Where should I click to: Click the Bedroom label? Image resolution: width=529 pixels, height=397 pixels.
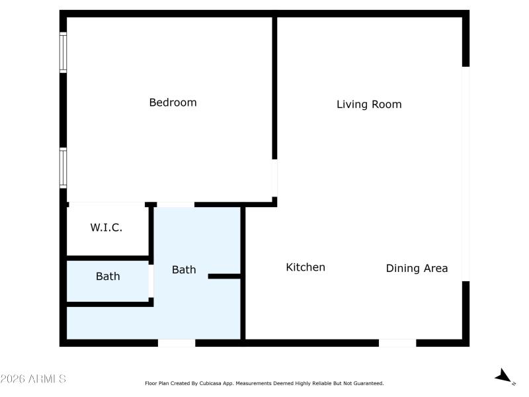tap(173, 103)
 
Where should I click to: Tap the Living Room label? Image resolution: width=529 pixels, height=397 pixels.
tap(369, 105)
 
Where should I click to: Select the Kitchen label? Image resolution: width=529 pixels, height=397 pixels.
tap(305, 267)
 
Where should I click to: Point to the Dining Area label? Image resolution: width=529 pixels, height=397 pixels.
tap(417, 269)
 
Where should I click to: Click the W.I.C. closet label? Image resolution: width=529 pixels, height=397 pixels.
tap(106, 228)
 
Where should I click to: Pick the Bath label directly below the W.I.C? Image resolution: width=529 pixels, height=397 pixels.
tap(108, 276)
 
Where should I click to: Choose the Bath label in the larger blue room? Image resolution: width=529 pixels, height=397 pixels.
tap(184, 269)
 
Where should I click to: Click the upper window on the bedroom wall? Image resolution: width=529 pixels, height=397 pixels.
tap(63, 52)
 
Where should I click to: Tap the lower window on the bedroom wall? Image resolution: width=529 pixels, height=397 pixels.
tap(63, 168)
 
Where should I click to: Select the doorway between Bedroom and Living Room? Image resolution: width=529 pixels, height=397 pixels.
tap(274, 178)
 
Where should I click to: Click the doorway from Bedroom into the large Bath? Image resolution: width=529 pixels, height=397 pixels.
tap(176, 204)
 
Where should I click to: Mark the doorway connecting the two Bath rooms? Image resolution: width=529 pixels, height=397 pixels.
tap(151, 281)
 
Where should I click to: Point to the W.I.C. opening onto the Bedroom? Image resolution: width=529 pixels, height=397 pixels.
tap(107, 204)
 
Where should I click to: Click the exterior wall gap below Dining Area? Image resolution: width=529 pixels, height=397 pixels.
tap(397, 343)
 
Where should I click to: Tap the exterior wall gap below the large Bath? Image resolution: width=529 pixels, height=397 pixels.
tap(177, 343)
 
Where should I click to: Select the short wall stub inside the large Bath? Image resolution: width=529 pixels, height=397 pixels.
tap(224, 277)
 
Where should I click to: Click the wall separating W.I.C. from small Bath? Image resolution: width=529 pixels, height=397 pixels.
tap(108, 258)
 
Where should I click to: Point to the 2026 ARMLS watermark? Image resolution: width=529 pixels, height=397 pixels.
tap(32, 378)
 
